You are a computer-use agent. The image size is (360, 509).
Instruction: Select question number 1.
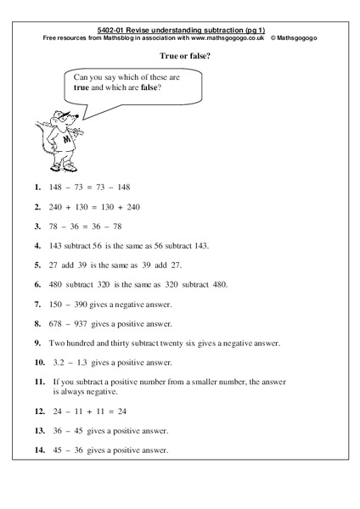[x=37, y=187]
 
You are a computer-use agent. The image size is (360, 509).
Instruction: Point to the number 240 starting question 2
[x=62, y=206]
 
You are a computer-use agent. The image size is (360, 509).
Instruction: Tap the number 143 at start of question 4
[x=60, y=245]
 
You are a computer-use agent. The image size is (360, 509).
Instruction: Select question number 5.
[x=37, y=265]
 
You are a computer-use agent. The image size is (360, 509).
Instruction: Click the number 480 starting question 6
[x=61, y=284]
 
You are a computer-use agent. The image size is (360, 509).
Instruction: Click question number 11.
[x=39, y=382]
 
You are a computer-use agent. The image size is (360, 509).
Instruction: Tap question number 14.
[x=39, y=450]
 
